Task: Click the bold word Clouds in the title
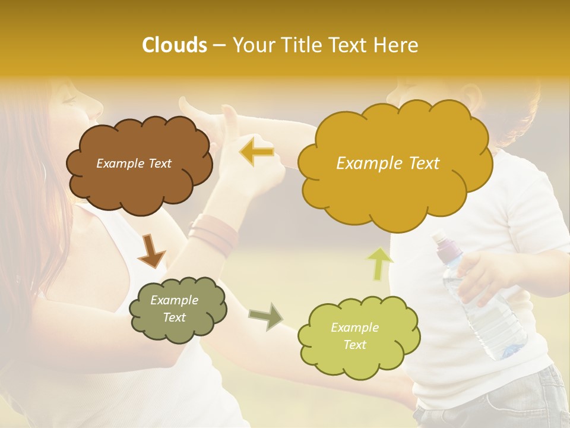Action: point(174,45)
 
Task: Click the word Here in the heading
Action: point(396,45)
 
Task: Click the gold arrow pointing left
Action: point(256,152)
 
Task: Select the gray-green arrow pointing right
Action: point(266,316)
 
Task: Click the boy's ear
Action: point(472,95)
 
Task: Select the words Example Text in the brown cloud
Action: point(134,163)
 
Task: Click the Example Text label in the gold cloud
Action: point(388,163)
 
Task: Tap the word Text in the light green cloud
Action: point(354,345)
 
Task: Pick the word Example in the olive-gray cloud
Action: point(174,300)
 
